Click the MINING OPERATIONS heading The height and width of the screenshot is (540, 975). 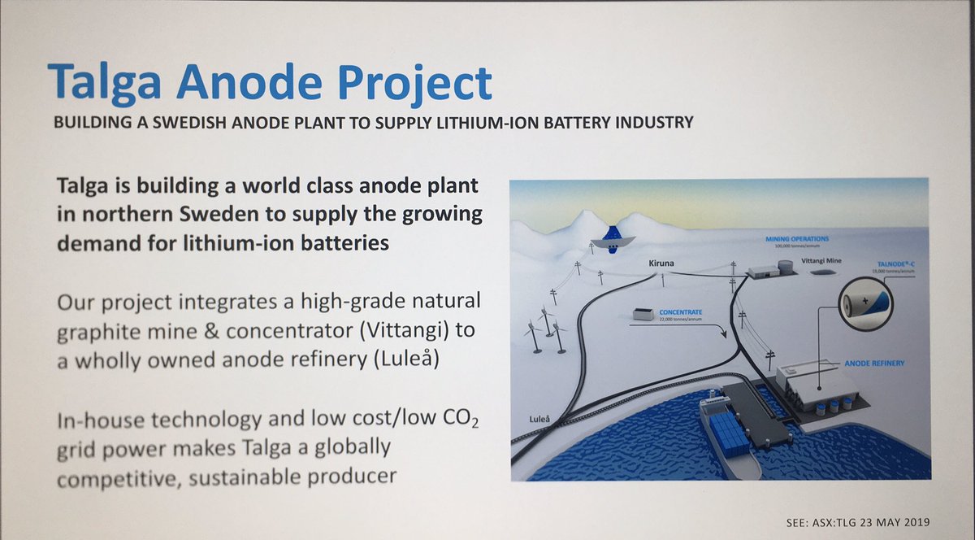point(797,239)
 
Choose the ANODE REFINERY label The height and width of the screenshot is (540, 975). point(875,363)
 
